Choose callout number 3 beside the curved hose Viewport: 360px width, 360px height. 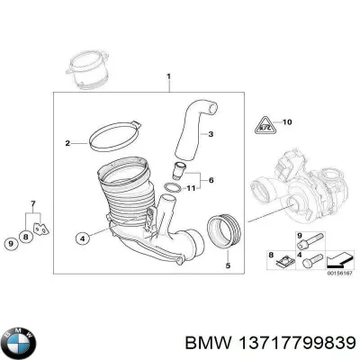210,135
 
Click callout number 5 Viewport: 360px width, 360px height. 228,265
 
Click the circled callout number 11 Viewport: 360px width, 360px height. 189,189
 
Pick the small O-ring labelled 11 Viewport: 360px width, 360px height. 172,188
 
